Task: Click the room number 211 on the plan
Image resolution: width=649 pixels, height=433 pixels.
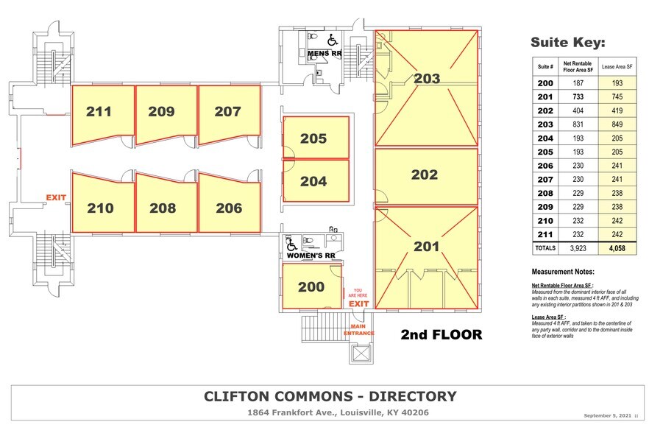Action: [99, 112]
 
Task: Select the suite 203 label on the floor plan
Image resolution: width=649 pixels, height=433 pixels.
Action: [427, 78]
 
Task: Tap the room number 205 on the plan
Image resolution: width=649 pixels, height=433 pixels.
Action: [313, 138]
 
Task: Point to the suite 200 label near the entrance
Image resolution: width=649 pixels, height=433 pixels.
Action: [311, 286]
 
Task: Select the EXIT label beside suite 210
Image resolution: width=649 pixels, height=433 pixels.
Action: [57, 198]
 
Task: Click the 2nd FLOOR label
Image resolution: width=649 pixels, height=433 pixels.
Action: [441, 335]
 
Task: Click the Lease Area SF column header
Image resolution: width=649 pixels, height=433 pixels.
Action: [617, 66]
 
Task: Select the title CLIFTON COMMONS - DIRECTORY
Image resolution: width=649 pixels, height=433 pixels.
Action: [330, 397]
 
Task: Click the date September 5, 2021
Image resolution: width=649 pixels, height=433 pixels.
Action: [609, 416]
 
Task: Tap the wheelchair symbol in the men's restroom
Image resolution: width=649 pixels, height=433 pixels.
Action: [332, 40]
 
